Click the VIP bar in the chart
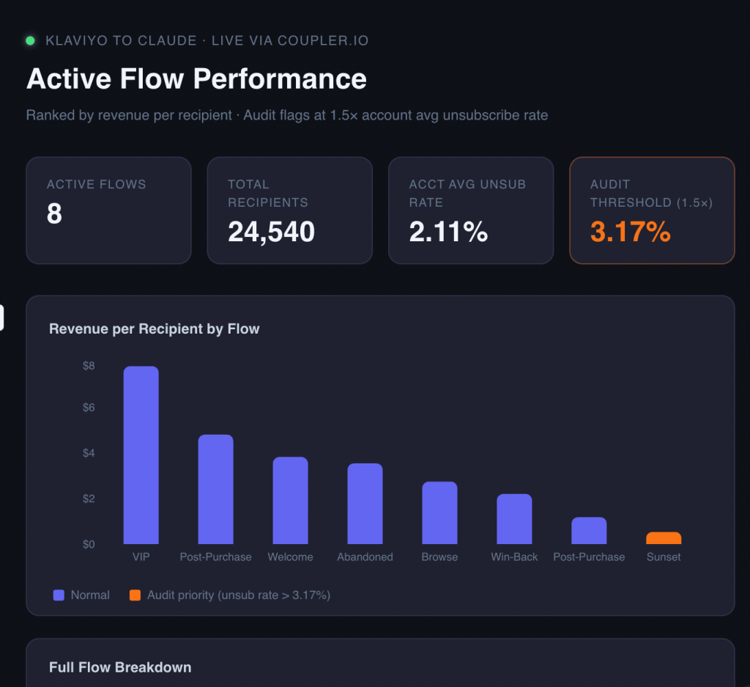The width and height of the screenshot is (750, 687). click(141, 455)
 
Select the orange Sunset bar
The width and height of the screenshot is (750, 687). click(664, 538)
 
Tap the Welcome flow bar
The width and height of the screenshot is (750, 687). click(290, 500)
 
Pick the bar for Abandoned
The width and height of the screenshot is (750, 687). click(365, 504)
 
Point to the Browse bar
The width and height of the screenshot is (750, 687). click(439, 513)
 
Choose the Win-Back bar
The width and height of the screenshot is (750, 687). click(514, 519)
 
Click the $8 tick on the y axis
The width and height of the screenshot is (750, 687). click(89, 367)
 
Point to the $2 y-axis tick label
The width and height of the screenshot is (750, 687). click(89, 499)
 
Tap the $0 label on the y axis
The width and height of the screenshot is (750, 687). click(89, 544)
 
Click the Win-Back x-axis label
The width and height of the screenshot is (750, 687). click(514, 556)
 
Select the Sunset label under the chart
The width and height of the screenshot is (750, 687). click(664, 556)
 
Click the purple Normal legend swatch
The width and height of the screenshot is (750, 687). click(59, 595)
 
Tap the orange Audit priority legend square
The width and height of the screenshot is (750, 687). click(135, 595)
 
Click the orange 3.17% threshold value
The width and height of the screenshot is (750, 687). click(631, 232)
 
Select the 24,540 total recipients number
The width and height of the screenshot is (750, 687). click(271, 232)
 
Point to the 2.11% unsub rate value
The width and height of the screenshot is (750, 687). click(449, 232)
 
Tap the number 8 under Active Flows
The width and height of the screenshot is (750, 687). click(54, 213)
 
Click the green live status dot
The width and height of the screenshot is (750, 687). click(30, 41)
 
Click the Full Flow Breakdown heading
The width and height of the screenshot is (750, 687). click(120, 667)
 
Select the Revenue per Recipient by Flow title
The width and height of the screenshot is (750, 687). click(154, 329)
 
